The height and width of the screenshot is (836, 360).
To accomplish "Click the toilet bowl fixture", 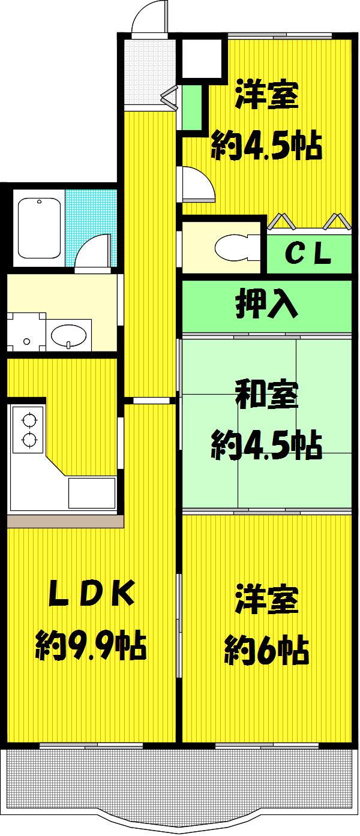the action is (x=237, y=247).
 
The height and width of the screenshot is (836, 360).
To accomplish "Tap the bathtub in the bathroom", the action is (x=40, y=228).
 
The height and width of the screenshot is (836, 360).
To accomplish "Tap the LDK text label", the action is (x=92, y=593).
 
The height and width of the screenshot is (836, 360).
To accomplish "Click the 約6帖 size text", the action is (x=266, y=651).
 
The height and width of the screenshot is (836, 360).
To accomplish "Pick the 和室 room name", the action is (x=266, y=395).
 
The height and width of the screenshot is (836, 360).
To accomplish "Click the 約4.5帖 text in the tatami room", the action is (x=266, y=445).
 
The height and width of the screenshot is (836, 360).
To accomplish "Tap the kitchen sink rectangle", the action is (x=91, y=492).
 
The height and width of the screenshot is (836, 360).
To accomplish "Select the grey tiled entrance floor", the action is (x=149, y=73).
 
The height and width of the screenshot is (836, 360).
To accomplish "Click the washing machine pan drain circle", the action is (x=26, y=341).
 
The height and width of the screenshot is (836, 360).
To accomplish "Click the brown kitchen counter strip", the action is (x=65, y=521).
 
